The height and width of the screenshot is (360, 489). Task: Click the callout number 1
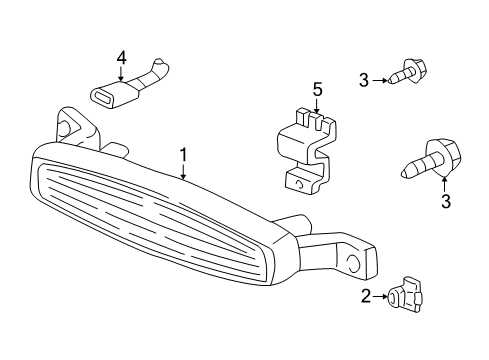(184, 156)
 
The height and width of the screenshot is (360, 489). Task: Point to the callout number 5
(317, 91)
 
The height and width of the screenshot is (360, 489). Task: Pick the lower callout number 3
(445, 201)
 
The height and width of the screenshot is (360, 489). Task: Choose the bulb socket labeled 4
(126, 91)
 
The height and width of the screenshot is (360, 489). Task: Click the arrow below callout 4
(121, 75)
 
